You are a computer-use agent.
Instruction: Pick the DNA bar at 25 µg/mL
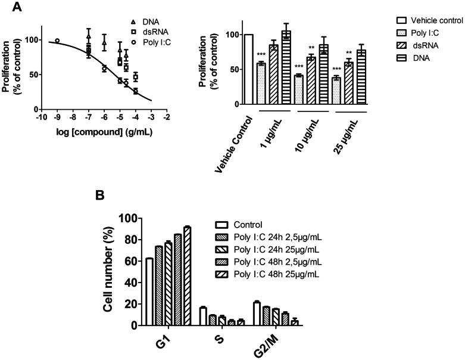click(x=361, y=77)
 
